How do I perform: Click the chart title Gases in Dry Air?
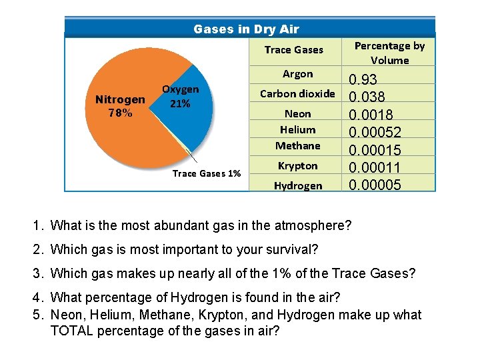coord(246,29)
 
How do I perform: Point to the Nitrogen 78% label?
coord(120,106)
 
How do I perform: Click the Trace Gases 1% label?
coord(206,173)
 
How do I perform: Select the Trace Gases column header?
coord(293,50)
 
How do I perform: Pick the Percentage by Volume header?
coord(389,53)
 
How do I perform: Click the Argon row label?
coord(297,74)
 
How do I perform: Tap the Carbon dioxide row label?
coord(297,94)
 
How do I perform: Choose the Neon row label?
coord(297,114)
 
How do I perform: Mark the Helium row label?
coord(297,130)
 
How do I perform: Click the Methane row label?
coord(297,146)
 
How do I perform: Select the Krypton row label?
coord(297,166)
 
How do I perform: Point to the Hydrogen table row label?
coord(297,186)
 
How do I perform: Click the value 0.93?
coord(363,80)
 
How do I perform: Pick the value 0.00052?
coord(375,133)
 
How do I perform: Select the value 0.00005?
coord(375,185)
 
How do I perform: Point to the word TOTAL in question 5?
coord(73,331)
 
